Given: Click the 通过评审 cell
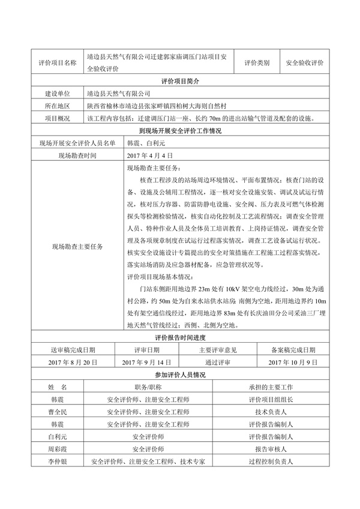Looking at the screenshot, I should (x=218, y=363).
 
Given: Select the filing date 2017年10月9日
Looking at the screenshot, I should (x=292, y=363).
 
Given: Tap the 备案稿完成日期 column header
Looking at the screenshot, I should (x=292, y=350).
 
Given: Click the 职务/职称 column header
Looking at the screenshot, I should (x=148, y=388).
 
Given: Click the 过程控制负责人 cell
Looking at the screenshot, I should (x=270, y=462).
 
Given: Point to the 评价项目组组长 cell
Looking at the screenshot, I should (x=270, y=400).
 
